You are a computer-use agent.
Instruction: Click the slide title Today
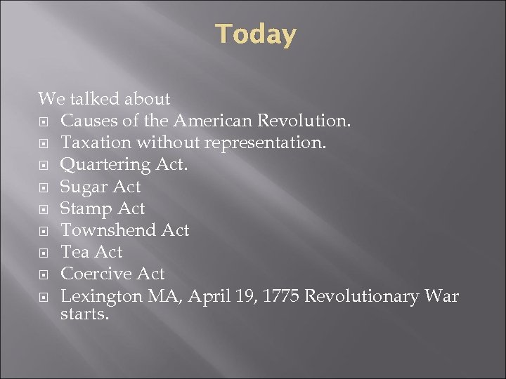[256, 34]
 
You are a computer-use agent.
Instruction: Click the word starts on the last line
[84, 315]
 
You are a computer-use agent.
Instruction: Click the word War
[441, 295]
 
